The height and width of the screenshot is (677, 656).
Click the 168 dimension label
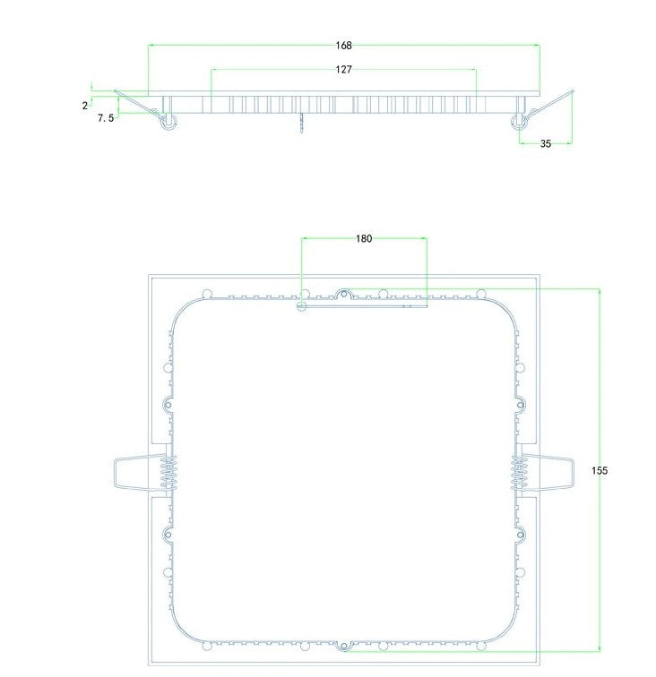(x=344, y=45)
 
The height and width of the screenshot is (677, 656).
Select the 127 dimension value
(x=344, y=69)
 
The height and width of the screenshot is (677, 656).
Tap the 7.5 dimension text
(x=105, y=117)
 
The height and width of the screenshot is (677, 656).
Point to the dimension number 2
(x=84, y=105)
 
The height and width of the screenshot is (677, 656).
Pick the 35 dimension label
(x=545, y=143)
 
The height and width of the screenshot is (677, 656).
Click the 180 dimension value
(x=364, y=238)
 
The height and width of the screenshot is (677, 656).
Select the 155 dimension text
(x=600, y=470)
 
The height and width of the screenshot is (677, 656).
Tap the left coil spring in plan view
(x=168, y=471)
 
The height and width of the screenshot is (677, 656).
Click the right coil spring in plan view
(x=519, y=471)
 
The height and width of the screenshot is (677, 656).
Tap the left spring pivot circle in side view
(x=167, y=123)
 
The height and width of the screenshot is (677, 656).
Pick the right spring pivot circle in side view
(x=518, y=123)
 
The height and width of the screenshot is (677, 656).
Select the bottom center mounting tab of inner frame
(x=343, y=644)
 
